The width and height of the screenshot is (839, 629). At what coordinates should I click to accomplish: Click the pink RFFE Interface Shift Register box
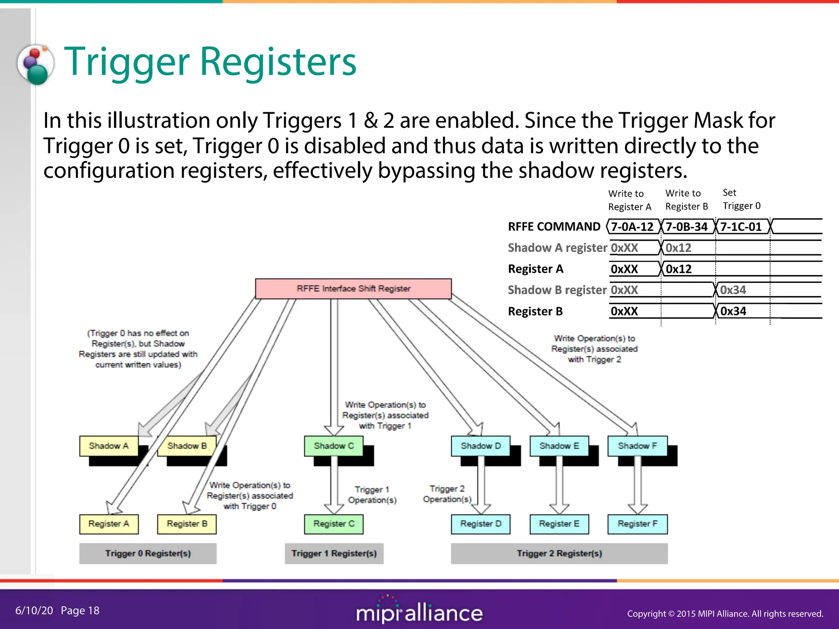coord(353,289)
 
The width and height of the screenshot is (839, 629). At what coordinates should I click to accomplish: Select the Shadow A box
coord(109,446)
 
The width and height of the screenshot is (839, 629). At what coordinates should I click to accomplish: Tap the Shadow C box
coord(333,446)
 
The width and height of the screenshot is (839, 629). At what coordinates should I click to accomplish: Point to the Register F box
coord(637,524)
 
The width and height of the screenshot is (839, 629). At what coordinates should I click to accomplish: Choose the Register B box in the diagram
coord(187,524)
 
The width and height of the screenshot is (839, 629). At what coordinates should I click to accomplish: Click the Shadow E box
coord(559,446)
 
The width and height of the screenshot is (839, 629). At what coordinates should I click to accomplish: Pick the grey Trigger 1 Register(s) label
coord(334,554)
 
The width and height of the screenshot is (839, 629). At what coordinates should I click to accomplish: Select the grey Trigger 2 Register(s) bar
coord(559,554)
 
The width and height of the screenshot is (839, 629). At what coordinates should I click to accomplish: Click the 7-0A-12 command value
coord(632,227)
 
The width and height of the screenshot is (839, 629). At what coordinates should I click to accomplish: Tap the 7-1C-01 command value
coord(741,227)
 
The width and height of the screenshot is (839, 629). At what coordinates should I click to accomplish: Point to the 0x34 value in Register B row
coord(733,311)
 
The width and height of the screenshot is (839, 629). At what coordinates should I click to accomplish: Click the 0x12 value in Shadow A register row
coord(678,248)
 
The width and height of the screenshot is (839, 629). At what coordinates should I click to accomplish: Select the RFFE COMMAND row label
coord(554,227)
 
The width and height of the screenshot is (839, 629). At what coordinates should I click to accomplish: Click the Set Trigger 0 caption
coord(741,199)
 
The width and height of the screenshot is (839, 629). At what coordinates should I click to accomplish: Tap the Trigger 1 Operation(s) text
coord(372,495)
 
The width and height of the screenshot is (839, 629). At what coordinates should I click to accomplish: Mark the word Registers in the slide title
coord(278,62)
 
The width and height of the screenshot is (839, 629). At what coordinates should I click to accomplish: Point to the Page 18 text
coord(80,611)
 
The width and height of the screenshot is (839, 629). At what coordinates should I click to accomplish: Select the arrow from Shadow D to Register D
coord(481,485)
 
